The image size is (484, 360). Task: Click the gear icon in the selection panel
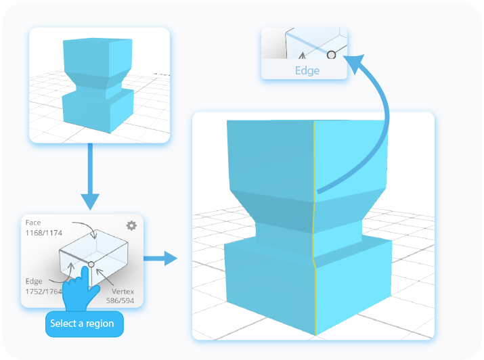(x=131, y=225)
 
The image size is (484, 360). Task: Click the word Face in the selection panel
(x=32, y=223)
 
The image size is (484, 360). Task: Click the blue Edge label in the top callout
(x=307, y=70)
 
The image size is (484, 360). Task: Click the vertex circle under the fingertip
(x=91, y=263)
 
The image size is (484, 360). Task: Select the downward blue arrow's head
(x=89, y=201)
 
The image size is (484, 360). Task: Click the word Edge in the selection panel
(x=33, y=282)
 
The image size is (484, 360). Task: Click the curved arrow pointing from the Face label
(x=85, y=225)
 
